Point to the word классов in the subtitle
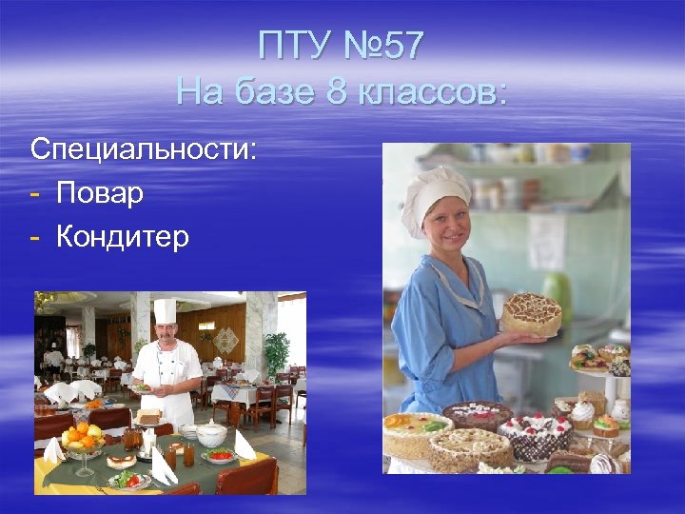[433, 93]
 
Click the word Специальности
[143, 149]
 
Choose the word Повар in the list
[100, 193]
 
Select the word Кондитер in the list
[123, 236]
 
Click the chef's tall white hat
[165, 311]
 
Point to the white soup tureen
[210, 434]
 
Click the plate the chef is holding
[143, 387]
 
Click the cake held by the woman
[530, 312]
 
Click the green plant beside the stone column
[276, 352]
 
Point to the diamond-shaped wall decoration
[226, 338]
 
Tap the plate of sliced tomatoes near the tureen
[219, 456]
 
